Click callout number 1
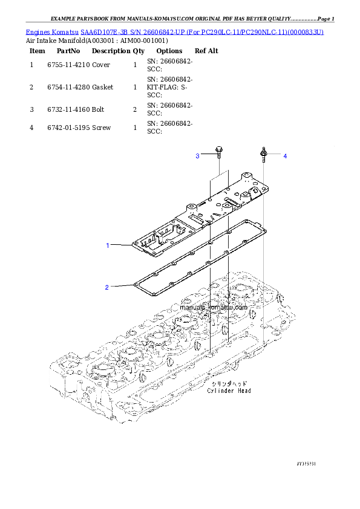[x=108, y=245]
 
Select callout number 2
[x=107, y=287]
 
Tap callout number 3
[x=197, y=156]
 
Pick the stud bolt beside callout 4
[x=264, y=154]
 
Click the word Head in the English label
[x=244, y=391]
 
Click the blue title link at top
[x=175, y=31]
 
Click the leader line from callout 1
[x=121, y=245]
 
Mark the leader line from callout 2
[x=121, y=286]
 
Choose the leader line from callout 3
[x=207, y=156]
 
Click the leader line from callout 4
[x=275, y=156]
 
